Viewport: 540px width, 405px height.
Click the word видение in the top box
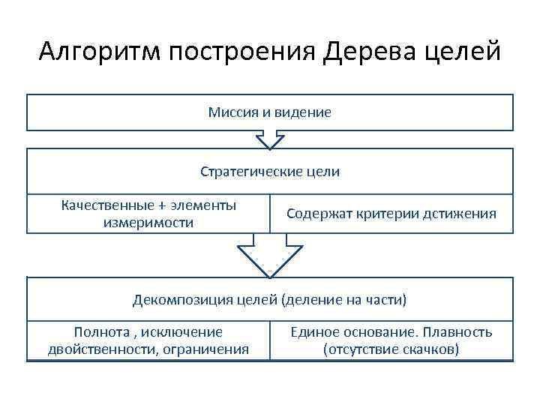coord(304,112)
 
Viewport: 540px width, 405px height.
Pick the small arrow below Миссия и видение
coord(270,139)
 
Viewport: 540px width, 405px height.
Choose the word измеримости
coord(148,223)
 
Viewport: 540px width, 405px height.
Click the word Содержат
coord(318,214)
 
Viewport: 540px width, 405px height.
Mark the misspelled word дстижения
coord(459,214)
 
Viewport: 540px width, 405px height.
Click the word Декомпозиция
coord(180,301)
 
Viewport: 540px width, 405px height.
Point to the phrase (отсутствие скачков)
coord(391,349)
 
